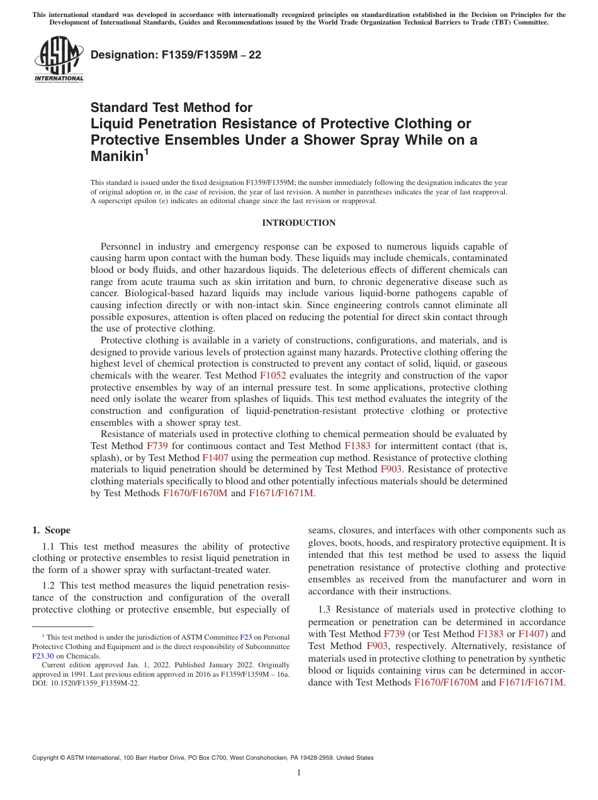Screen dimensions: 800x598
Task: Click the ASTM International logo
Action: pyautogui.click(x=59, y=59)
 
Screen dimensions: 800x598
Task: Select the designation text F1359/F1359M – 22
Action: pyautogui.click(x=176, y=55)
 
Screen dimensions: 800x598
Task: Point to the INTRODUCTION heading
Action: pyautogui.click(x=298, y=223)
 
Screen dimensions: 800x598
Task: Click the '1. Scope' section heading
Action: pyautogui.click(x=52, y=530)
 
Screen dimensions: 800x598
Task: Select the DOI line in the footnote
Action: pyautogui.click(x=86, y=683)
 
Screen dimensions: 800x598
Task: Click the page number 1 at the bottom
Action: pyautogui.click(x=298, y=773)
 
